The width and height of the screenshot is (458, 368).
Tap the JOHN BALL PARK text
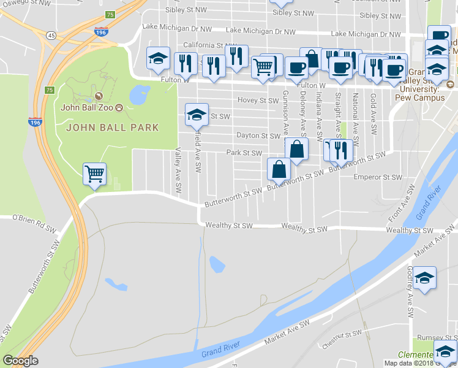pos(112,128)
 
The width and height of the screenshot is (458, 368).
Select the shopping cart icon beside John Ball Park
pos(94,174)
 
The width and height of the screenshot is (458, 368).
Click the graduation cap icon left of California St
pos(158,59)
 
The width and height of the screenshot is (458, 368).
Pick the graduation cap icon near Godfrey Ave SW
pos(424,277)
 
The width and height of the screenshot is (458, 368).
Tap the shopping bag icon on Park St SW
pos(296,149)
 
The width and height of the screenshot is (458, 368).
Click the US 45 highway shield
pos(51,36)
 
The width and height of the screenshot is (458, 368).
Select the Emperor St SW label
pos(378,177)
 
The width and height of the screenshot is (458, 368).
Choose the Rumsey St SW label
pos(437,338)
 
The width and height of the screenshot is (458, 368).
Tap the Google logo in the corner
pos(20,361)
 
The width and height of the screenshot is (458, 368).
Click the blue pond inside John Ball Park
pos(140,95)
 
